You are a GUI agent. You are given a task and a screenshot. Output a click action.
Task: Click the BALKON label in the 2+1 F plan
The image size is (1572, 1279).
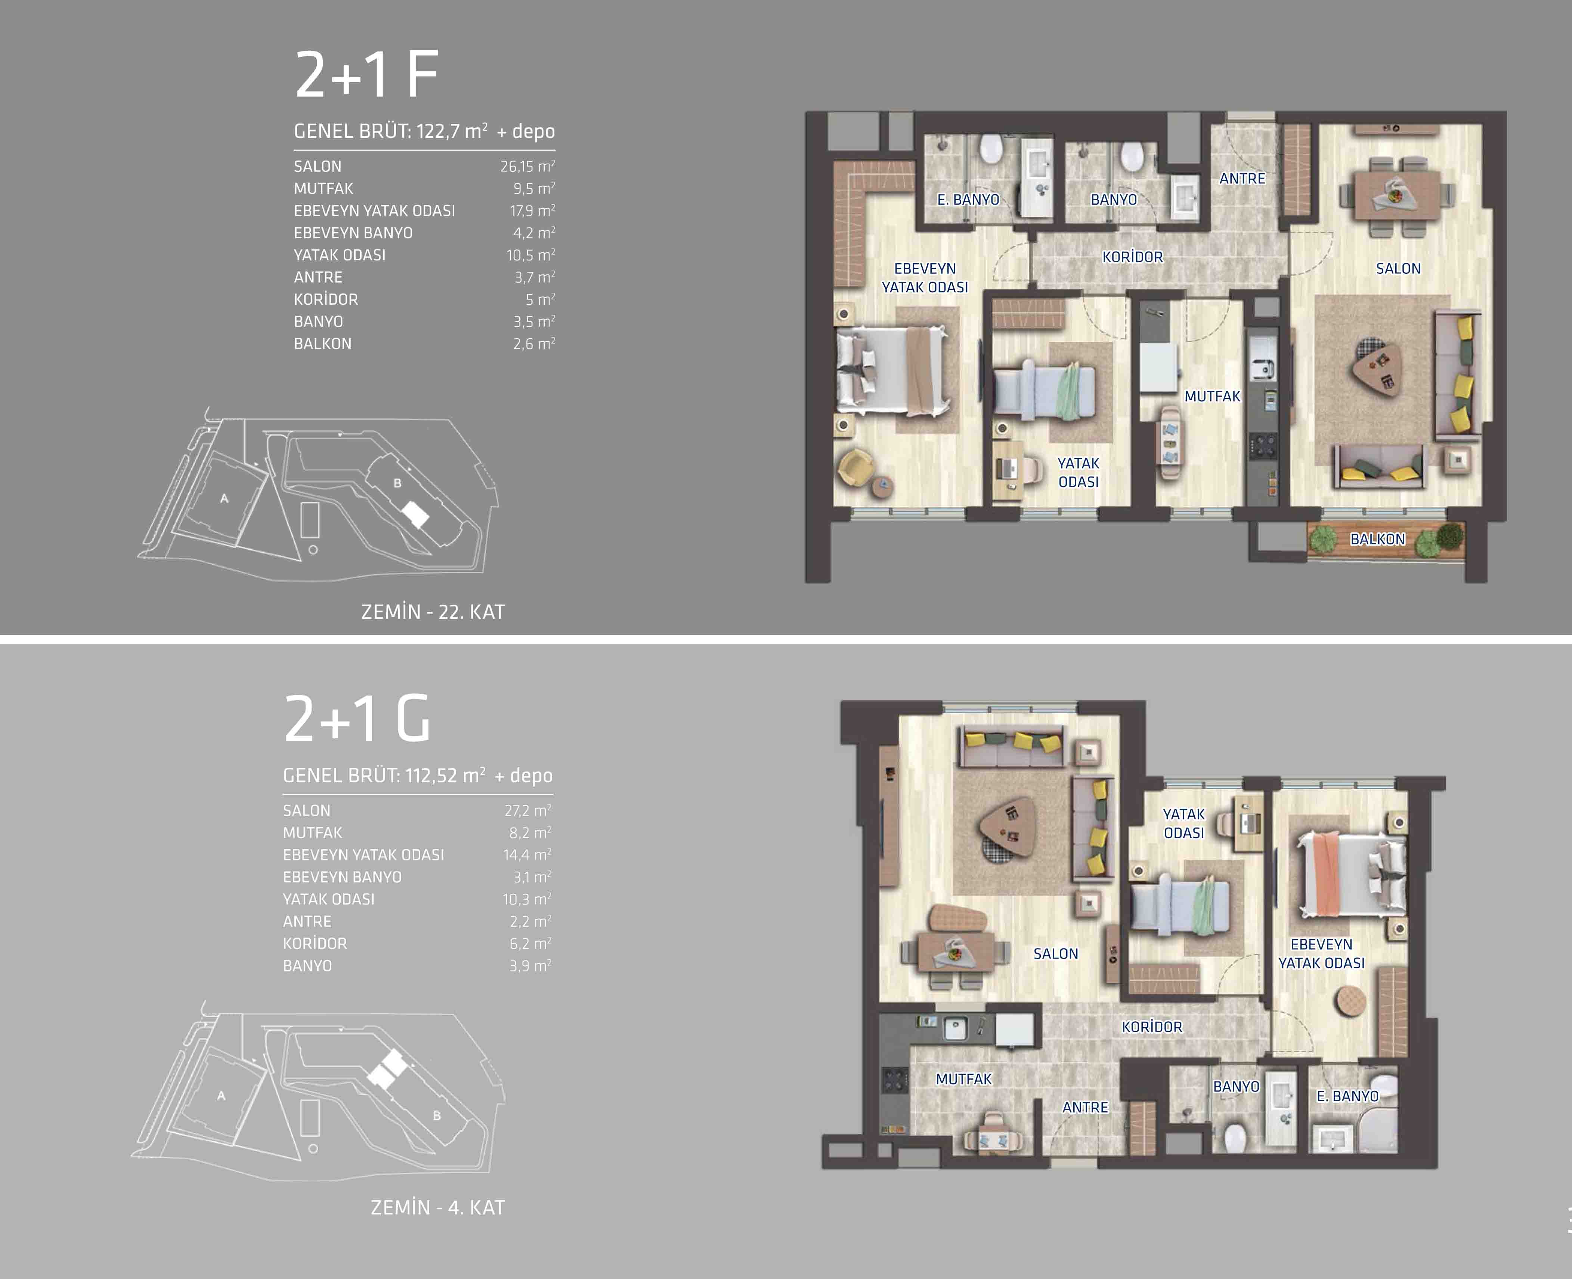[x=1377, y=538]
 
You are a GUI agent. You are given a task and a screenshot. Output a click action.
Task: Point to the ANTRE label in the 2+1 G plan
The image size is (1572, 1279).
[x=1085, y=1107]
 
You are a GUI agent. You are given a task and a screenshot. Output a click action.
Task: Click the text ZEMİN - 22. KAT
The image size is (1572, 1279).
[x=433, y=612]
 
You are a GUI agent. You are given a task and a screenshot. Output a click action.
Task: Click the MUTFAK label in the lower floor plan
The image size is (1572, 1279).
[x=963, y=1078]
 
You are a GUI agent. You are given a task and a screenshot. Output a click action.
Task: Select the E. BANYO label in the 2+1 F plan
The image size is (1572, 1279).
[x=968, y=199]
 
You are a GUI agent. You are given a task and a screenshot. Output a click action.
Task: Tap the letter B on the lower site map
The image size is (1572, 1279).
[x=437, y=1115]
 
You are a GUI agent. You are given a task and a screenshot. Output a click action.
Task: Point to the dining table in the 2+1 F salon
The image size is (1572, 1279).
[x=1396, y=196]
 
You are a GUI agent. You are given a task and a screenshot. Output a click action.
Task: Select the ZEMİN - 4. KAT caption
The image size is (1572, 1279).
[x=438, y=1208]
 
